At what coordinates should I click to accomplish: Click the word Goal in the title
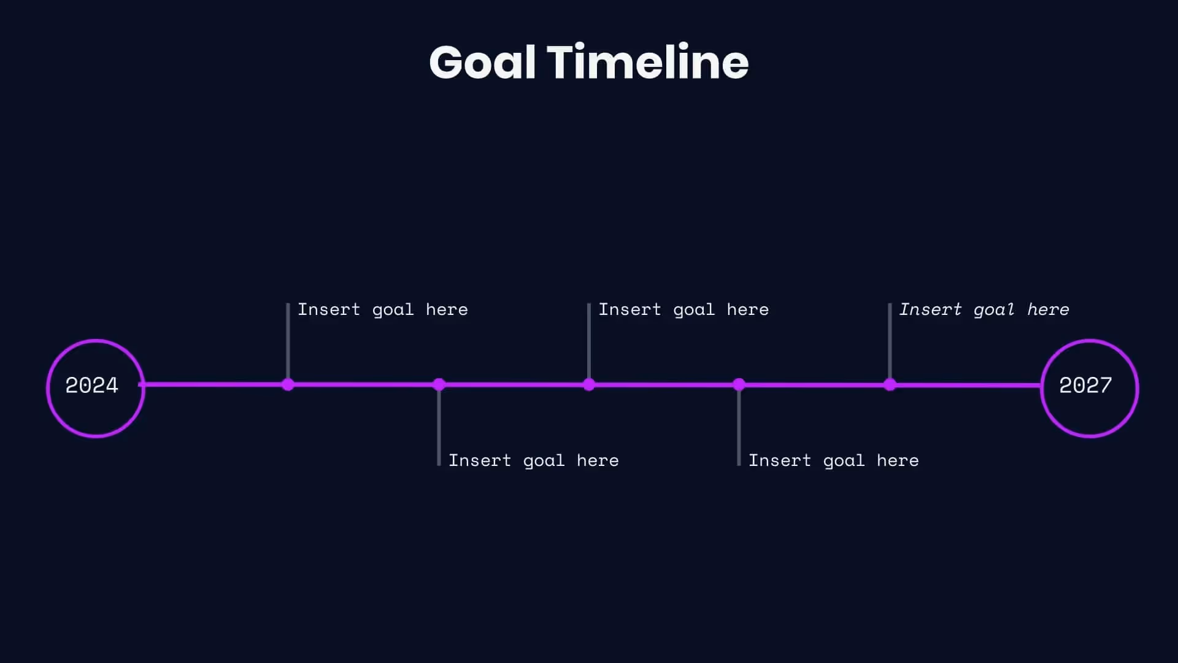(x=482, y=63)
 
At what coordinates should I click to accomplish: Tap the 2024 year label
(x=92, y=386)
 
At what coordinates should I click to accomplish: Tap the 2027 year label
(x=1085, y=386)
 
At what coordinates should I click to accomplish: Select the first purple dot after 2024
(x=288, y=385)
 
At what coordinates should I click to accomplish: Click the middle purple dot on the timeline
(x=589, y=385)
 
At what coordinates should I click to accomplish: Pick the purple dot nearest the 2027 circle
(x=890, y=385)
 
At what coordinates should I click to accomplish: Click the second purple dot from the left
(x=439, y=385)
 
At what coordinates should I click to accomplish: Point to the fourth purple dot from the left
(x=739, y=385)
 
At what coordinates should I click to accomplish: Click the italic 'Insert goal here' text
(x=984, y=309)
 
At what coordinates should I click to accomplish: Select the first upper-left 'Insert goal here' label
(x=383, y=309)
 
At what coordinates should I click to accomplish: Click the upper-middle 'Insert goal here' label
(x=683, y=309)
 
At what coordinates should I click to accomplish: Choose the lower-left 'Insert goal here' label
(x=534, y=460)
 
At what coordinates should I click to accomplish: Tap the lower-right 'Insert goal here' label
(x=834, y=460)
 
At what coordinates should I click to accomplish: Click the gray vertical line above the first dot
(x=288, y=341)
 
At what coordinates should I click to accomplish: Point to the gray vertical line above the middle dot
(x=589, y=341)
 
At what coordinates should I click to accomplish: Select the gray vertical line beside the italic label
(x=890, y=341)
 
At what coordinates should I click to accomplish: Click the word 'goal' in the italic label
(x=994, y=310)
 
